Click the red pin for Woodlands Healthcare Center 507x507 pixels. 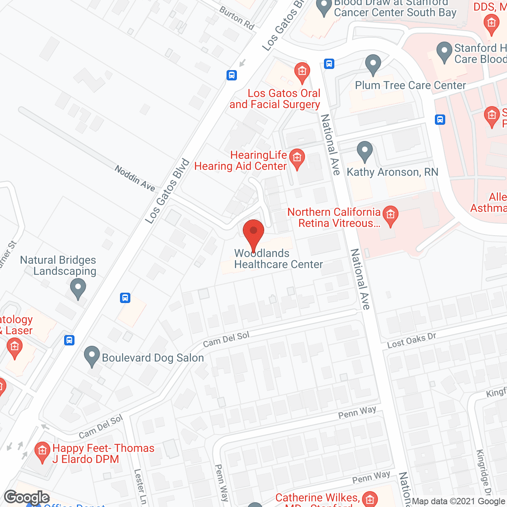pos(253,234)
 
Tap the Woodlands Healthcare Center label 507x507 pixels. pos(278,259)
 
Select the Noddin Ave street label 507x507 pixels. pos(135,178)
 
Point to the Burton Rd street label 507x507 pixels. pos(237,18)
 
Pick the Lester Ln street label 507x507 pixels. pos(140,486)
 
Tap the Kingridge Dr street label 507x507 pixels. pos(484,471)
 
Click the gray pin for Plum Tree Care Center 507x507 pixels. pos(373,64)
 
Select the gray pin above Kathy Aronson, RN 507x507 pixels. pos(364,151)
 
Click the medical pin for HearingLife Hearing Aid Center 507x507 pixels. pos(297,158)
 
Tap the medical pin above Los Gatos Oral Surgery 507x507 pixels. pos(302,72)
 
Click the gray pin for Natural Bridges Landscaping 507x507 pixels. pos(78,288)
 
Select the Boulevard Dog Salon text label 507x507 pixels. pos(153,358)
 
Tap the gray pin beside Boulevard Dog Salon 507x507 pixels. pos(92,356)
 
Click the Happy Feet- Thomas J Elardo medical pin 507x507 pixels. pos(42,452)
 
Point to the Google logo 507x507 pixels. pos(27,497)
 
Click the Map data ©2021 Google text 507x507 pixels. pos(459,501)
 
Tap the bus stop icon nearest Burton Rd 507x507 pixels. pos(232,75)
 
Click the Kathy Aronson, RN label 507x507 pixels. pos(392,172)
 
